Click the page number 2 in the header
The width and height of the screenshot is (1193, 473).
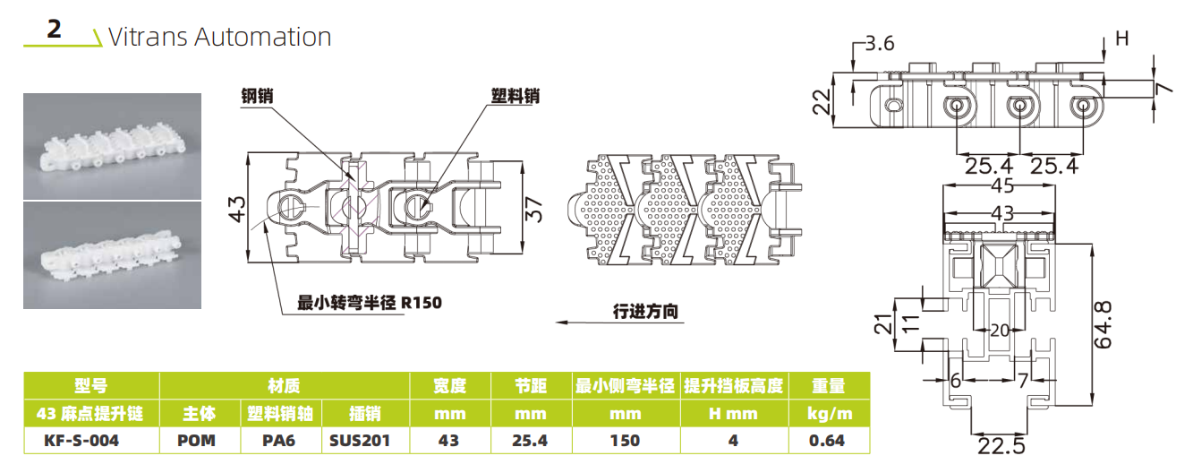pyautogui.click(x=54, y=29)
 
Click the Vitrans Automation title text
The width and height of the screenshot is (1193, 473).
pyautogui.click(x=219, y=38)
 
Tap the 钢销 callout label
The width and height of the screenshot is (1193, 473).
pyautogui.click(x=257, y=96)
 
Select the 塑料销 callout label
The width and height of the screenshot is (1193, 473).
pyautogui.click(x=515, y=96)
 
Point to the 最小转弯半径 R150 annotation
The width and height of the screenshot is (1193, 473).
pyautogui.click(x=369, y=303)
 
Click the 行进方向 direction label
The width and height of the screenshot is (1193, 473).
pyautogui.click(x=645, y=312)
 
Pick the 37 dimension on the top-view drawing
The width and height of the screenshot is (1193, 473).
pyautogui.click(x=533, y=210)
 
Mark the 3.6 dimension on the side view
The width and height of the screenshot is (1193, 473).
pyautogui.click(x=879, y=43)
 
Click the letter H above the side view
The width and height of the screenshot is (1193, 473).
pyautogui.click(x=1121, y=39)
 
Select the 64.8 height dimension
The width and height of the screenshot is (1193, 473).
pyautogui.click(x=1103, y=325)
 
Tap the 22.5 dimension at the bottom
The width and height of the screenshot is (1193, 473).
pyautogui.click(x=1001, y=446)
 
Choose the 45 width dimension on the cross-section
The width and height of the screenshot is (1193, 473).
pyautogui.click(x=1002, y=186)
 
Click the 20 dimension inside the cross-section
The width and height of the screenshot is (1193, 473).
pyautogui.click(x=1000, y=331)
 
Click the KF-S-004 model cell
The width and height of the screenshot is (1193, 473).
pyautogui.click(x=81, y=441)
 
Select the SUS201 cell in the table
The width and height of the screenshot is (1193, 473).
pyautogui.click(x=360, y=441)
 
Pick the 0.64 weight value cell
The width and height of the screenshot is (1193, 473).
pyautogui.click(x=827, y=441)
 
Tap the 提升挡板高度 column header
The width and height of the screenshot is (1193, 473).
pyautogui.click(x=733, y=385)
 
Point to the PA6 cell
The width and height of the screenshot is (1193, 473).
pyautogui.click(x=278, y=441)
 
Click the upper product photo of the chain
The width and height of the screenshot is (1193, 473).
pyautogui.click(x=112, y=147)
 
